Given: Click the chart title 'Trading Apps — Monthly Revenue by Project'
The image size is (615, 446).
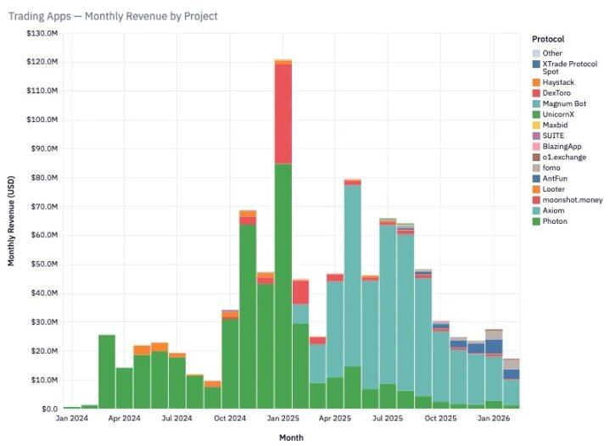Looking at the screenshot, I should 113,16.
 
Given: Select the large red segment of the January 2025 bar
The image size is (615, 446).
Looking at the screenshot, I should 283,114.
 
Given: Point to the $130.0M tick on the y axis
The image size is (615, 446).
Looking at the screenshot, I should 42,33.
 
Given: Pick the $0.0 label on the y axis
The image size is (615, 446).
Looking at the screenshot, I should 49,409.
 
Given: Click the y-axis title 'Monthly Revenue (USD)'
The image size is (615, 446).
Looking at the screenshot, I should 12,220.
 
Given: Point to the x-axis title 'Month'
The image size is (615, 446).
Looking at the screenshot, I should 292,438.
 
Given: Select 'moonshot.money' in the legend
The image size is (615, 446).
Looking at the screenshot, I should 573,200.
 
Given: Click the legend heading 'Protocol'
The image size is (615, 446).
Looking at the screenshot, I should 549,39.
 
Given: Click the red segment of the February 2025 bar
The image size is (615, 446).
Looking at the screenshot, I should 300,293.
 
